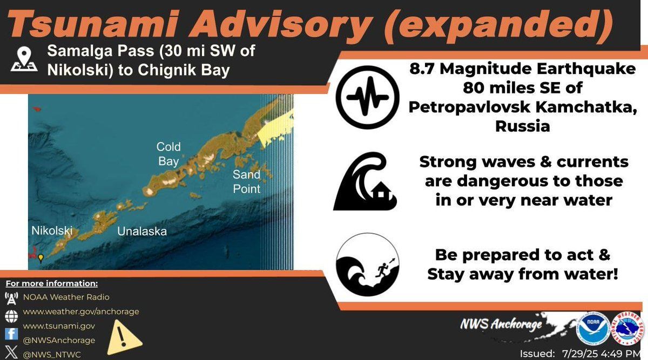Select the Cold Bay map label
pyautogui.click(x=168, y=154)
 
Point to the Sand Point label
pyautogui.click(x=246, y=181)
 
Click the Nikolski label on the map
pyautogui.click(x=52, y=230)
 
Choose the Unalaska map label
pyautogui.click(x=142, y=232)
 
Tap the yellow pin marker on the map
pyautogui.click(x=41, y=258)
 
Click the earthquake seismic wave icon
pyautogui.click(x=367, y=97)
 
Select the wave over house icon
pyautogui.click(x=365, y=181)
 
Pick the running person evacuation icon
pyautogui.click(x=367, y=264)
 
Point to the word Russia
pyautogui.click(x=523, y=126)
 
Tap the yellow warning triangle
pyautogui.click(x=124, y=338)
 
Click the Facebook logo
pyautogui.click(x=11, y=334)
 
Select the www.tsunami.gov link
pyautogui.click(x=59, y=326)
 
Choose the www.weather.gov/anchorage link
pyautogui.click(x=81, y=311)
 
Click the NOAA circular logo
pyautogui.click(x=593, y=329)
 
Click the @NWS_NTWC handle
pyautogui.click(x=52, y=355)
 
